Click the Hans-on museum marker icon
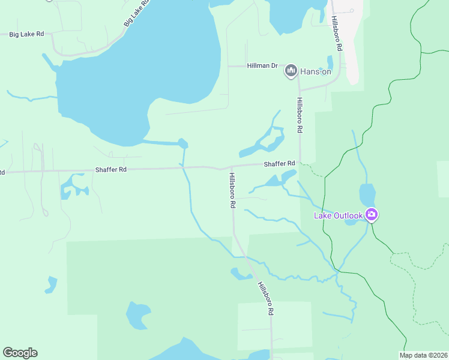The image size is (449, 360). point(291,71)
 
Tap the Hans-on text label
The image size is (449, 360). point(316,71)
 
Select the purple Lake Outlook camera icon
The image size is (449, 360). point(372,214)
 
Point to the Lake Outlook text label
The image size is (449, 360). point(339,215)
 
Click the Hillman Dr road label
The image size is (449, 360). point(262,65)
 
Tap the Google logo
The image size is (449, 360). point(20,353)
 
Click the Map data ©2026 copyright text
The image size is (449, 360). point(423,355)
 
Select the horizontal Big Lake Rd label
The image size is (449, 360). point(26,34)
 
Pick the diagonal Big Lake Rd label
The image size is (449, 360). point(136,14)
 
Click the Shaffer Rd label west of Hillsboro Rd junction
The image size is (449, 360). point(110,170)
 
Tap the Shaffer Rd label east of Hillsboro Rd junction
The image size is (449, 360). point(279,163)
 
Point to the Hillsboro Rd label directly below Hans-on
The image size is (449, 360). point(298,116)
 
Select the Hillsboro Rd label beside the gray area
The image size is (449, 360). point(336,34)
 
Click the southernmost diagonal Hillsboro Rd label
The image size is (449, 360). point(265,298)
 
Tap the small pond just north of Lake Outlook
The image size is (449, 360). point(367,195)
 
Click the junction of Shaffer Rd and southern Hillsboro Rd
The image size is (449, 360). point(232,167)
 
